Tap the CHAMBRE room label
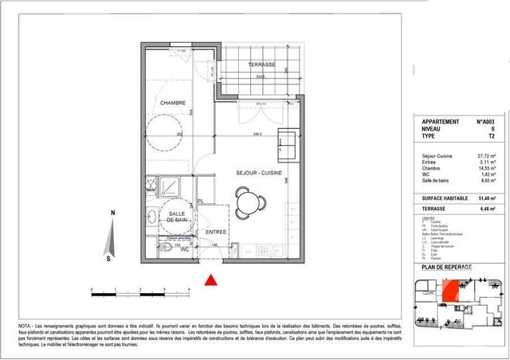click(173, 104)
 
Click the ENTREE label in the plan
click(216, 232)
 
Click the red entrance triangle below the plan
click(211, 279)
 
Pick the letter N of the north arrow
click(114, 213)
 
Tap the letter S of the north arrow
click(108, 257)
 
